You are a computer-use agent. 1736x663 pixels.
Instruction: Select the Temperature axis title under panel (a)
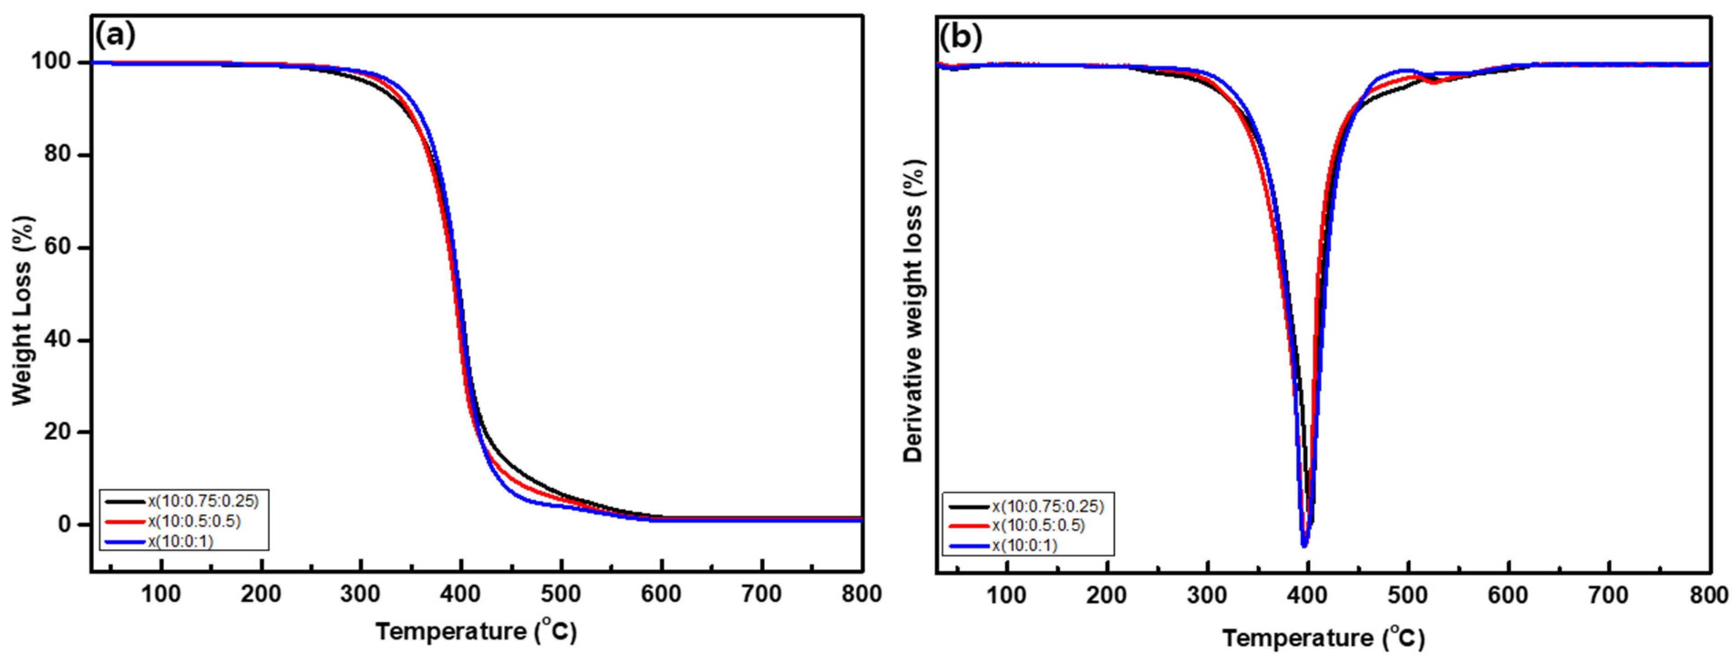476,632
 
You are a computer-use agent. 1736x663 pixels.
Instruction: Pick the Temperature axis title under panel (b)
1323,637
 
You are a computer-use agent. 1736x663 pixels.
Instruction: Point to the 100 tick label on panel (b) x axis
1007,596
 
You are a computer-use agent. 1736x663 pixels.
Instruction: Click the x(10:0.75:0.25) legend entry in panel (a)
203,501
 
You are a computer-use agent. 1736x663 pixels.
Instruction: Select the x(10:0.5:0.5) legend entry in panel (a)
194,521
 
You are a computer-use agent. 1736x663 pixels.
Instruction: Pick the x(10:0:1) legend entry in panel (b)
1025,545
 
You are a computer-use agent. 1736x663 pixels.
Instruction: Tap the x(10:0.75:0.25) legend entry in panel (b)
1048,505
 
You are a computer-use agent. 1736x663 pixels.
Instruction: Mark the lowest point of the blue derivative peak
1304,546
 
